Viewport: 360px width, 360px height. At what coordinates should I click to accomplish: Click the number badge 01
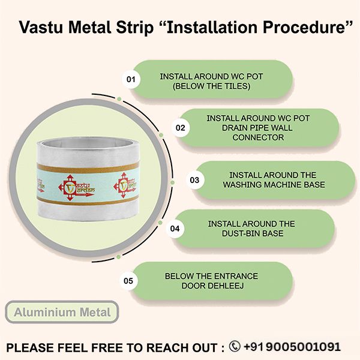click(x=131, y=79)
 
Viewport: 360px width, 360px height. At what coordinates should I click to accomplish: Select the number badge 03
click(x=194, y=179)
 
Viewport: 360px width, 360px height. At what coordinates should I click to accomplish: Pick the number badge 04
click(x=175, y=229)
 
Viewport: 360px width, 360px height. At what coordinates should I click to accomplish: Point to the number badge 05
click(x=128, y=280)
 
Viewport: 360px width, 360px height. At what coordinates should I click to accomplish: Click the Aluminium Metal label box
click(x=62, y=313)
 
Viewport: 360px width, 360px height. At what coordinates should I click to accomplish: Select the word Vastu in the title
click(x=40, y=28)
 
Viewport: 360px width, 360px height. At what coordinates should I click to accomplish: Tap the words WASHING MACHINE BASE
click(x=265, y=184)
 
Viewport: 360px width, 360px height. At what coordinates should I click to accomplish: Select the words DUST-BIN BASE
click(x=251, y=233)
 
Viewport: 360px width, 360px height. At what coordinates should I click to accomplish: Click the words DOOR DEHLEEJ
click(x=211, y=285)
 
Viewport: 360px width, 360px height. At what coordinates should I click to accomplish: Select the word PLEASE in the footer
click(x=29, y=347)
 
